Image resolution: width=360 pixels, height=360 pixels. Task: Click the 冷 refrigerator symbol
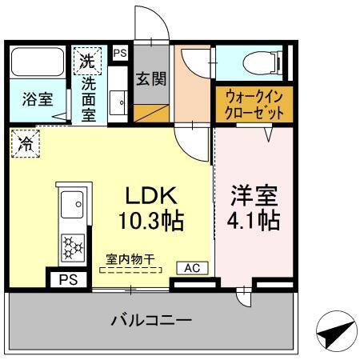click(x=26, y=145)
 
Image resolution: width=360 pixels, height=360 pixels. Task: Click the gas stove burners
click(x=73, y=246)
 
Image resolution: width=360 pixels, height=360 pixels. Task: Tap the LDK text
click(x=154, y=196)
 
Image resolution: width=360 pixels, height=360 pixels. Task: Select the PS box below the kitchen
click(x=70, y=280)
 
